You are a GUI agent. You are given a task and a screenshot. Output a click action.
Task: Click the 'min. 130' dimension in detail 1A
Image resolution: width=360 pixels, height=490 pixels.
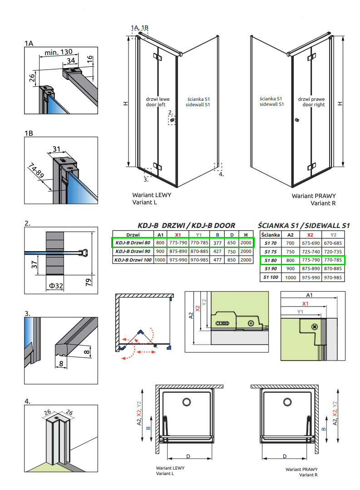(x=58, y=53)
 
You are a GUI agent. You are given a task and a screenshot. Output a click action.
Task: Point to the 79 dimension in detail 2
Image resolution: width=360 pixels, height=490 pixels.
(x=89, y=283)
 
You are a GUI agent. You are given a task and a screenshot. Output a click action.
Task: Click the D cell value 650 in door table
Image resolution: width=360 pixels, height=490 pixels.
(x=232, y=243)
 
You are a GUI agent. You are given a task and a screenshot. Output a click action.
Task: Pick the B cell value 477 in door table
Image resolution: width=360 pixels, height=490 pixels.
(x=218, y=260)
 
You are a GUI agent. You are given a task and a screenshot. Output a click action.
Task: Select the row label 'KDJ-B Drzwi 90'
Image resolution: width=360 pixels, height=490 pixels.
(x=133, y=252)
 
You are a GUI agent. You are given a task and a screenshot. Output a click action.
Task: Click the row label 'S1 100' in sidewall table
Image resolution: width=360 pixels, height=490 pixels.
(x=271, y=277)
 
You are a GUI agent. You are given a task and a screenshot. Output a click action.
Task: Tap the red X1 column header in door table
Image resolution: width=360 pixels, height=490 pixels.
(x=178, y=235)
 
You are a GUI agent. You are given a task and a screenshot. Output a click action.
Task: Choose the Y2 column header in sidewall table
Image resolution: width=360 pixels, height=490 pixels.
(x=334, y=235)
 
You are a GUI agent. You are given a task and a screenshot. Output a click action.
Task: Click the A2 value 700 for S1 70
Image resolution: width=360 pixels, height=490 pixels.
(x=291, y=243)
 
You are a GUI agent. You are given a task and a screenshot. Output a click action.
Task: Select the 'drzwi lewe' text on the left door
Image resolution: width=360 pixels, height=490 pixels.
(x=156, y=98)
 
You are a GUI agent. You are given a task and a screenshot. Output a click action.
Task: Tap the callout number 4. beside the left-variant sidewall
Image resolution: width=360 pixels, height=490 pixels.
(x=221, y=174)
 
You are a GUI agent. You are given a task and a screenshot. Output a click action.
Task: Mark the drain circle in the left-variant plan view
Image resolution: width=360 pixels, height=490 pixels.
(x=186, y=402)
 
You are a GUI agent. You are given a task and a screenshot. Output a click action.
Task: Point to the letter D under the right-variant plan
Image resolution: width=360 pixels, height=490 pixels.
(x=285, y=456)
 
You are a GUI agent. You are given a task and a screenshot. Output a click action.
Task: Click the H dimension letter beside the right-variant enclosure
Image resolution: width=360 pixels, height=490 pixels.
(x=340, y=104)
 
